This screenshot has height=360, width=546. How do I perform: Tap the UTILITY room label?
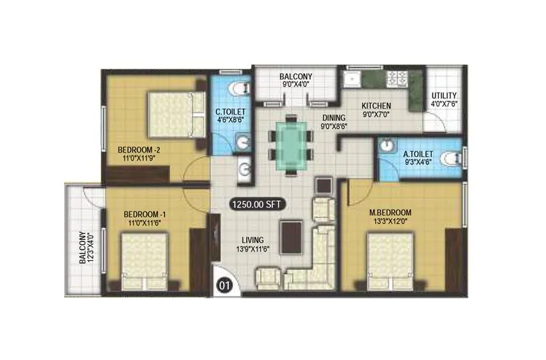tap(444, 94)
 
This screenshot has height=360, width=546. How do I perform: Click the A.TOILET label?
tap(418, 154)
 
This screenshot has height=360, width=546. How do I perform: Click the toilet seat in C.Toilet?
tap(236, 88)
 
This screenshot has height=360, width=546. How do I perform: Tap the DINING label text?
tap(335, 118)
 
